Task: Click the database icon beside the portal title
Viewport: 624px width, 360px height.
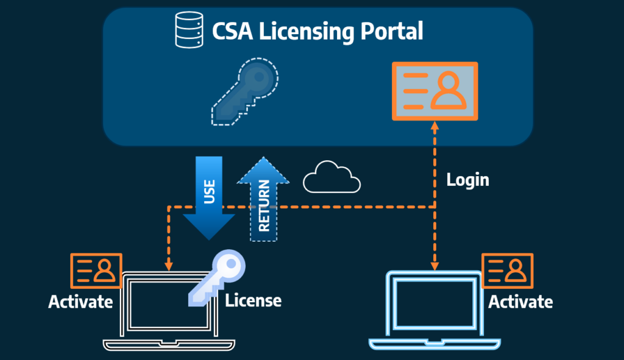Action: pyautogui.click(x=189, y=30)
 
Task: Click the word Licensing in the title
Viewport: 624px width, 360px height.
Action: pyautogui.click(x=307, y=32)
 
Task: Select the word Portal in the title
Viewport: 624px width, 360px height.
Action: pyautogui.click(x=392, y=31)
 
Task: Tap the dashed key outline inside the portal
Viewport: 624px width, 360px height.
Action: pyautogui.click(x=244, y=92)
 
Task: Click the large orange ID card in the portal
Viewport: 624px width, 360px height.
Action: pyautogui.click(x=435, y=91)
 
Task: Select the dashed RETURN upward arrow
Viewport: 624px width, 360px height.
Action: pyautogui.click(x=263, y=199)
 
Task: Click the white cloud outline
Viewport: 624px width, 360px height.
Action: pyautogui.click(x=332, y=177)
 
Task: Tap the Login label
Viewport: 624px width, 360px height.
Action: pyautogui.click(x=467, y=180)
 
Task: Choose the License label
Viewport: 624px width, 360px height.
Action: pyautogui.click(x=253, y=300)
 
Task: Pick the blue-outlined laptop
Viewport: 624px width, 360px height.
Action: pyautogui.click(x=434, y=310)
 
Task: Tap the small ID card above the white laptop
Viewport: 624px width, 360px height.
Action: pyautogui.click(x=96, y=271)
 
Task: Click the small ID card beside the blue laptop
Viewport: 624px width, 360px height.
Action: pyautogui.click(x=508, y=271)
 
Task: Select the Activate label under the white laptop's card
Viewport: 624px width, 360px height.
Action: pyautogui.click(x=80, y=302)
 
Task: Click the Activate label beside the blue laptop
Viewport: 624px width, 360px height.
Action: pyautogui.click(x=520, y=302)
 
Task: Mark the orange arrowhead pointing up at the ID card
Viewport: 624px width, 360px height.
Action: pyautogui.click(x=434, y=127)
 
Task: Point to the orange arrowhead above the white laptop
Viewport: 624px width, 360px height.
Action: pyautogui.click(x=169, y=266)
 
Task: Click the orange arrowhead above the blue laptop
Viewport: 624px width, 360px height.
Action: pyautogui.click(x=434, y=266)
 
